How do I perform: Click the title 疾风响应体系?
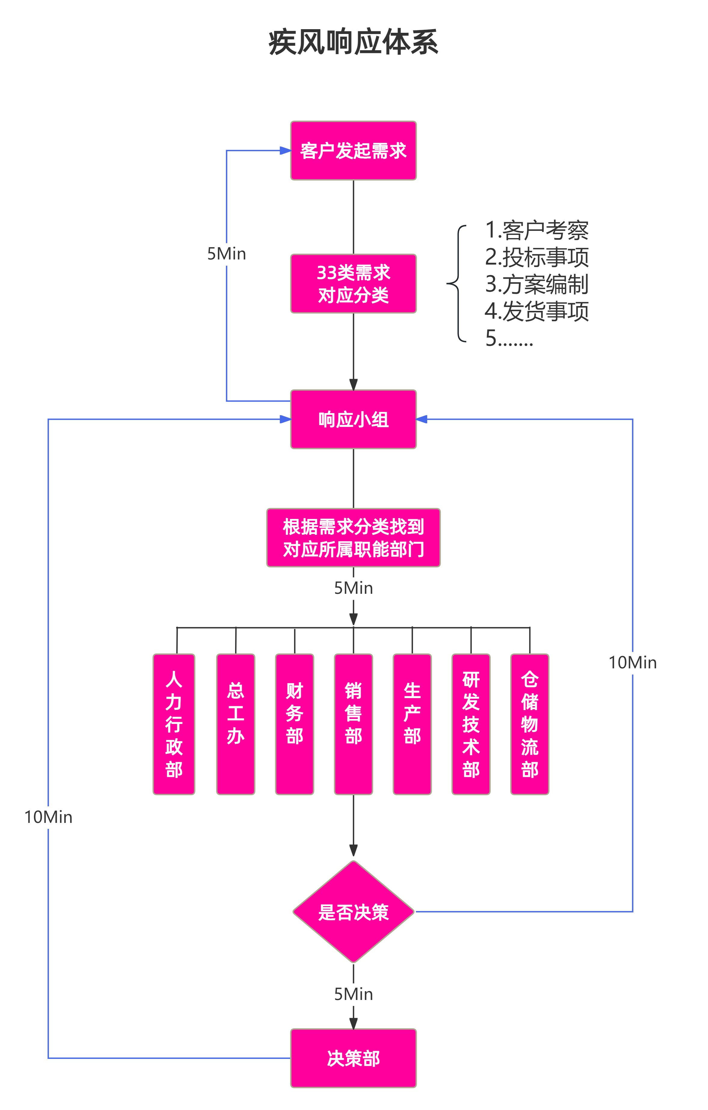(353, 42)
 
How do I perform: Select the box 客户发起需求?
(353, 151)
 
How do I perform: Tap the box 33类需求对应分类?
(353, 284)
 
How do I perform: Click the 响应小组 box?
(353, 419)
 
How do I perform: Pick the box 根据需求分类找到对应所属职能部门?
(353, 538)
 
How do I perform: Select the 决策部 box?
(353, 1058)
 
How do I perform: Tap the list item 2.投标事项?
(537, 257)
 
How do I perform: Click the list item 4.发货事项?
(537, 311)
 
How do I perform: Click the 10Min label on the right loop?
(633, 662)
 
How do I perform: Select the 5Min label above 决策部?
(353, 994)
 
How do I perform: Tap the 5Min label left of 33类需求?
(226, 253)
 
